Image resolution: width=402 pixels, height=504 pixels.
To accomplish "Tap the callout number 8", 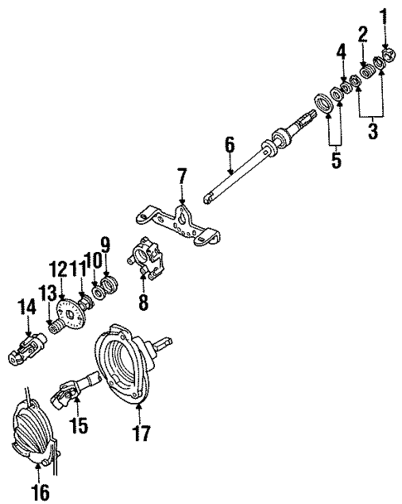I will pos(143,303).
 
